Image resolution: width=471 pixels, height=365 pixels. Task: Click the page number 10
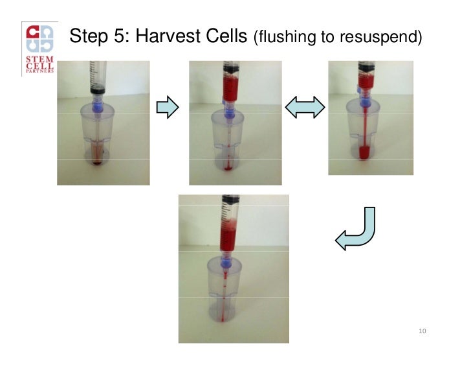coord(422,332)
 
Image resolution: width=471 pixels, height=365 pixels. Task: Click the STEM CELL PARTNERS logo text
coord(39,66)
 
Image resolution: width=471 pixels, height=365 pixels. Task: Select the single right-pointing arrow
coord(168,108)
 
